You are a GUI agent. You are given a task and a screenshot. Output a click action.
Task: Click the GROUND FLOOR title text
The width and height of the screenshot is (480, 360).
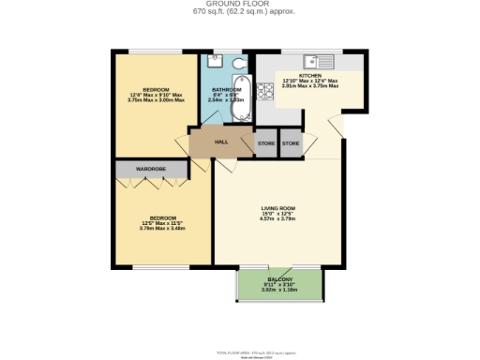tap(240, 4)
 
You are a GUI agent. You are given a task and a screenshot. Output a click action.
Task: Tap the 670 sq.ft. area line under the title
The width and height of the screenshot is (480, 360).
tap(240, 12)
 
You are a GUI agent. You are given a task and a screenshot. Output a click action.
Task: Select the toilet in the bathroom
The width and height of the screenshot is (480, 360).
tap(238, 63)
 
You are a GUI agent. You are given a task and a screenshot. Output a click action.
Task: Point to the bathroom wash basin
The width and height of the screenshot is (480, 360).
tap(215, 62)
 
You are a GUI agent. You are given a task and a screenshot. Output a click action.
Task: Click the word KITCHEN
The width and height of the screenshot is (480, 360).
tap(310, 75)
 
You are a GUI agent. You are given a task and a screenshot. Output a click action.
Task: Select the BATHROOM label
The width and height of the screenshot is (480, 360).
tap(227, 90)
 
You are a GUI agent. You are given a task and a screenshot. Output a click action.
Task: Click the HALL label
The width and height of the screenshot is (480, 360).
tap(221, 142)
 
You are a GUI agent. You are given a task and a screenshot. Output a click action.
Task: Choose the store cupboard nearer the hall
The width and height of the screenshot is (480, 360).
tap(266, 142)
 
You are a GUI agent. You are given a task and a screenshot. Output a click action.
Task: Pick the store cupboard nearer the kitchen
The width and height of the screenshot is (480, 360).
tap(291, 142)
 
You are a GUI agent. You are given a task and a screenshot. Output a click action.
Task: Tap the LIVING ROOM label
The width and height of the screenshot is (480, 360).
tap(278, 208)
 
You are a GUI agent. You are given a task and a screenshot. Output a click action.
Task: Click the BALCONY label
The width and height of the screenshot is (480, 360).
tap(279, 280)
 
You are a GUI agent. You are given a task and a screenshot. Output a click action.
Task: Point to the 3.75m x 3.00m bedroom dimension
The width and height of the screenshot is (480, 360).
tap(156, 99)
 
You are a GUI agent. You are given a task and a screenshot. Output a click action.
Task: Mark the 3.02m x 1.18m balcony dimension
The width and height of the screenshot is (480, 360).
tap(278, 290)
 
